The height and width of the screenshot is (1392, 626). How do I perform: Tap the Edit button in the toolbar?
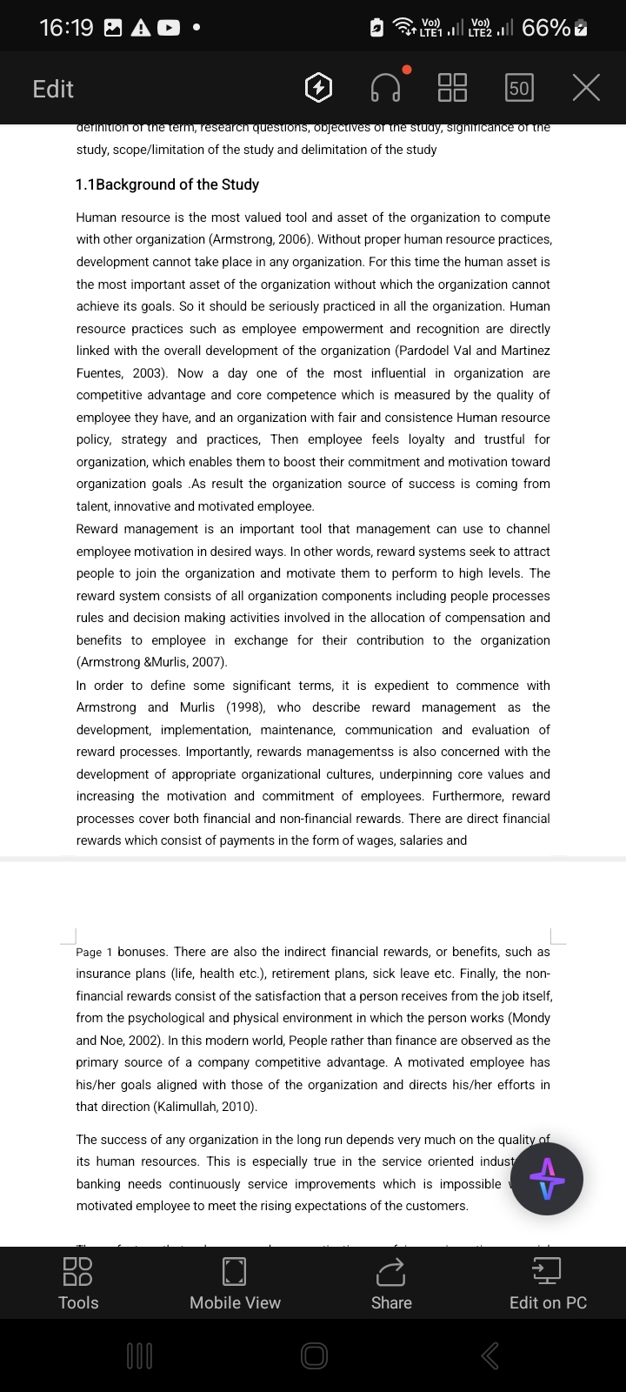coord(53,89)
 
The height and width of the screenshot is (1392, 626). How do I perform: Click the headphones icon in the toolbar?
coord(386,88)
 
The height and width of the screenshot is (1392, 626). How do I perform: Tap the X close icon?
coord(587,88)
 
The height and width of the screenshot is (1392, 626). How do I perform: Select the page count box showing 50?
coord(519,88)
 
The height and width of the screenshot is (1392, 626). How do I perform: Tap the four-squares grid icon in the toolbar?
coord(452,88)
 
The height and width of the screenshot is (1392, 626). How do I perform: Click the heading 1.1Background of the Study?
coord(167,184)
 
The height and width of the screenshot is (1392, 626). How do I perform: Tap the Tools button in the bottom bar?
coord(78,1283)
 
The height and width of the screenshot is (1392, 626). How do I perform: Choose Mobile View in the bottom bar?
coord(235,1283)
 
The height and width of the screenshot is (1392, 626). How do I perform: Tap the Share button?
coord(391,1283)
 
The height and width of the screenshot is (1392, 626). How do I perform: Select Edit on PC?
coord(548,1283)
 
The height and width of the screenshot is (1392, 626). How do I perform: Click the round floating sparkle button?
coord(547,1179)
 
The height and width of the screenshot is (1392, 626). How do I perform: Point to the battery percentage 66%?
coord(546,28)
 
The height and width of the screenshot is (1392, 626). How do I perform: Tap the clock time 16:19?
coord(66,28)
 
